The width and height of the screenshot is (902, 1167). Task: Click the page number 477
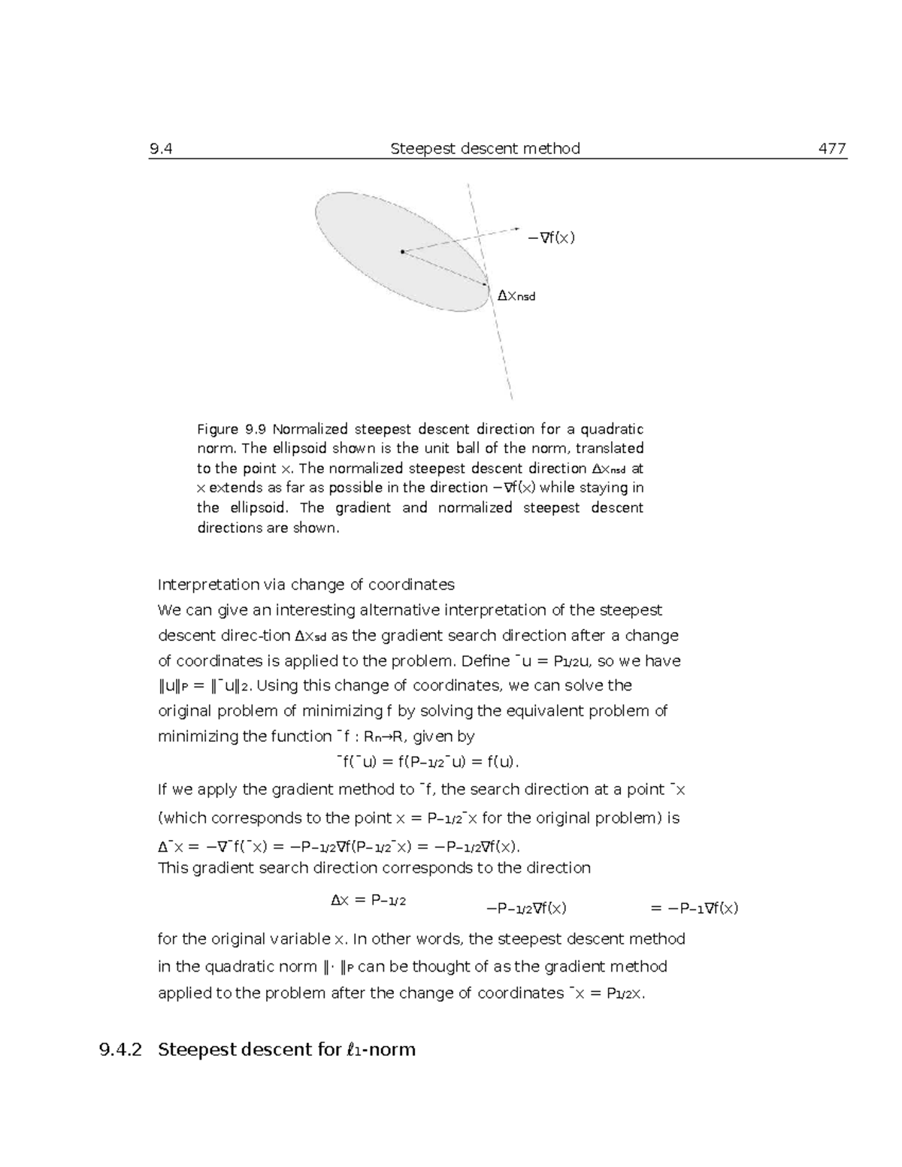click(832, 149)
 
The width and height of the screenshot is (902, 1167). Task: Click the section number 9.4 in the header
click(161, 149)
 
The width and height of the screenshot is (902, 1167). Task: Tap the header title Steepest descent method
click(485, 149)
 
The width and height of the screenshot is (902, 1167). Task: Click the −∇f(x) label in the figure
click(551, 238)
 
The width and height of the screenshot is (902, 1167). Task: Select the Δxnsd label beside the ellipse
click(516, 296)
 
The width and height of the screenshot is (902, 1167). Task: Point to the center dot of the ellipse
click(403, 252)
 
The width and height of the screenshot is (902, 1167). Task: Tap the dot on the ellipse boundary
click(485, 285)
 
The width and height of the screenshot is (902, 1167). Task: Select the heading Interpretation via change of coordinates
click(306, 585)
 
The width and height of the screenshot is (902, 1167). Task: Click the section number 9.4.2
click(120, 1049)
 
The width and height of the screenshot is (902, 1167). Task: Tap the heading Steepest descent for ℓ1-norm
click(286, 1049)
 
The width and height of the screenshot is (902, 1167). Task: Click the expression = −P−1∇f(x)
click(694, 908)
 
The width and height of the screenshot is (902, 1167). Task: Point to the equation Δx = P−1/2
click(368, 900)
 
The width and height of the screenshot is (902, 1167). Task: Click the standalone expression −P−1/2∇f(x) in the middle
click(526, 908)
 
